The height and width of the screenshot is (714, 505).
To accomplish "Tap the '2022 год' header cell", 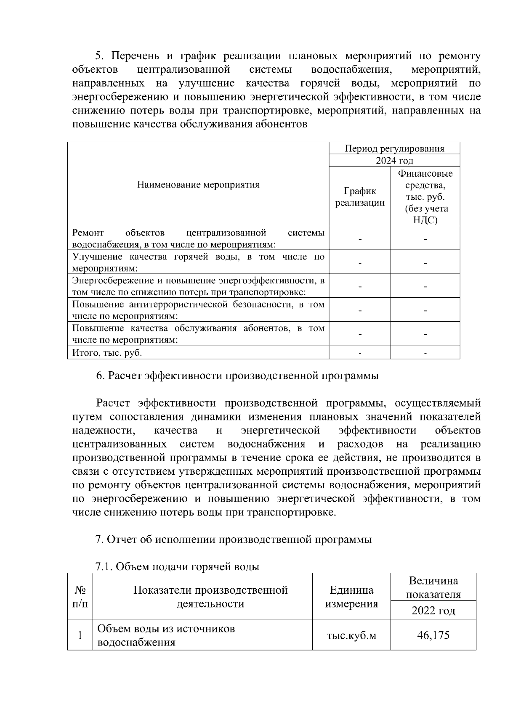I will tap(433, 610).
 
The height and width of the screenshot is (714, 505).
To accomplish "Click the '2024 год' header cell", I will tap(394, 160).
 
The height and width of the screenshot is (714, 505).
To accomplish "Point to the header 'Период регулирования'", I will tap(394, 148).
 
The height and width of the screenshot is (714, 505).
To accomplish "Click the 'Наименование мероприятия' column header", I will tap(198, 184).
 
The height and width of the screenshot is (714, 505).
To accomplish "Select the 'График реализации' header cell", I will tap(359, 196).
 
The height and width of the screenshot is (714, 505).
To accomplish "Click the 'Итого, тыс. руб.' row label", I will tap(107, 353).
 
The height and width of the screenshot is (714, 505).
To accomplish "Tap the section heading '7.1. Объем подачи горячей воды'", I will tap(177, 566).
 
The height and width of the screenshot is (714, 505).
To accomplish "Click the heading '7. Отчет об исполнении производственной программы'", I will tap(234, 539).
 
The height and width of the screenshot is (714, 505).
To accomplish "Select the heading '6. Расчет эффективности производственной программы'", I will tap(237, 376).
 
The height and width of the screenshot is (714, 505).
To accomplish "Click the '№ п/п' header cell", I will tap(80, 596).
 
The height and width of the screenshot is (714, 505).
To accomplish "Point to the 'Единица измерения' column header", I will tap(351, 597).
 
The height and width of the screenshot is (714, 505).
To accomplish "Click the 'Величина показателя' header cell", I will tap(433, 587).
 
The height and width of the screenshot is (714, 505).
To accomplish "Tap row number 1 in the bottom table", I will tap(80, 635).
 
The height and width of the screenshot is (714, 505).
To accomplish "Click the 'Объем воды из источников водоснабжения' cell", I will tap(166, 635).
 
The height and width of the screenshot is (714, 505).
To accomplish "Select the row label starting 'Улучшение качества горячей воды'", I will tap(198, 262).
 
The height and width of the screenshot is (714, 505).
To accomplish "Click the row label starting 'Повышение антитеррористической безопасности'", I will tap(198, 310).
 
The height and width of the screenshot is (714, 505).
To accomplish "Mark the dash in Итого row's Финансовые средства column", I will tap(425, 353).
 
